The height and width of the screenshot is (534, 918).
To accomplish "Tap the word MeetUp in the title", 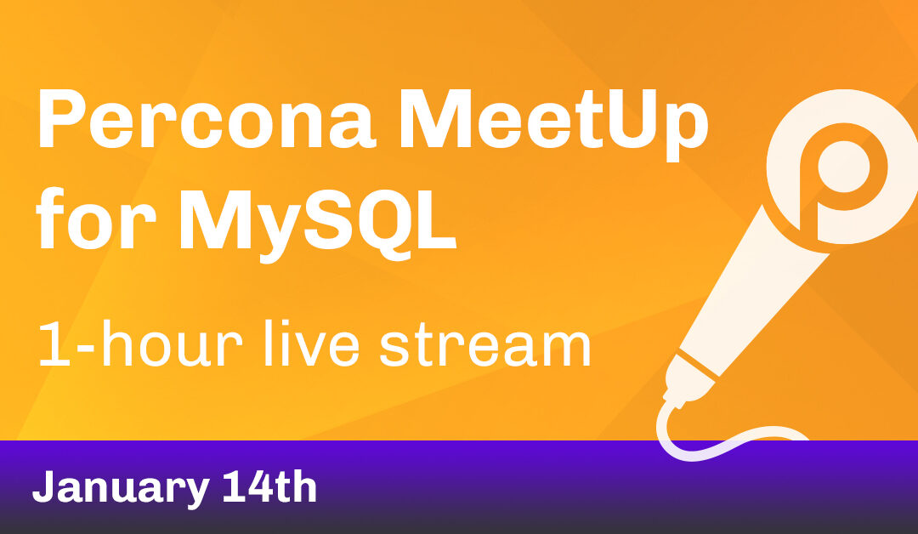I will click(543, 122).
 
